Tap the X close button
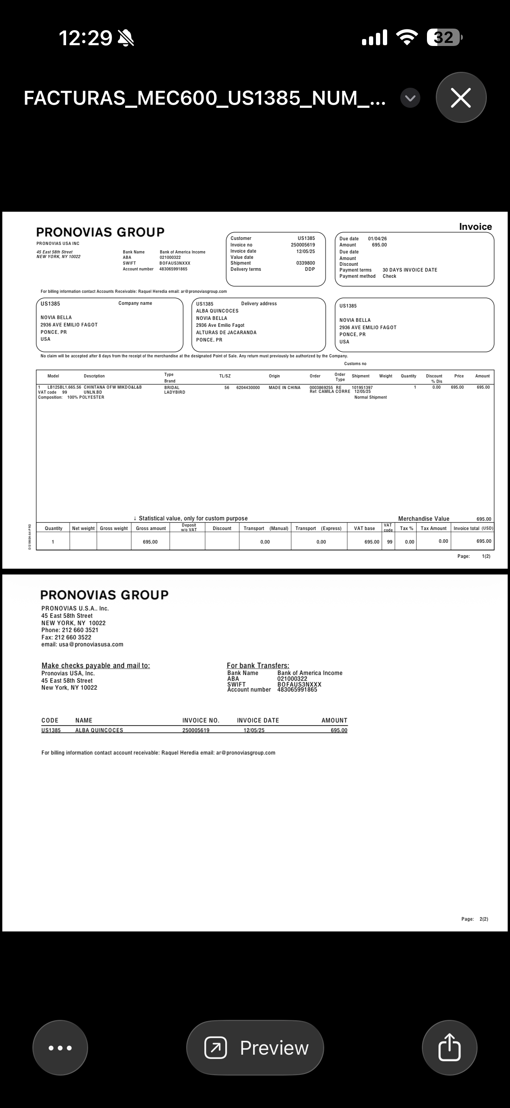[461, 98]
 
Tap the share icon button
[449, 1047]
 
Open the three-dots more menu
[60, 1047]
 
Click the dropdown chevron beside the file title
[410, 98]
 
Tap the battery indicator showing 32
[444, 37]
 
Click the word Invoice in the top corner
[475, 227]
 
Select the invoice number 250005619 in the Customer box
[303, 245]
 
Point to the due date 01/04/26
[377, 239]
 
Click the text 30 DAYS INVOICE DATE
[410, 270]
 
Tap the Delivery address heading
[259, 304]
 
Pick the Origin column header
[274, 376]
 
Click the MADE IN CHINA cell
[285, 387]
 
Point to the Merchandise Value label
[423, 519]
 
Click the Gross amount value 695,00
[150, 542]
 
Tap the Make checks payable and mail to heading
[95, 665]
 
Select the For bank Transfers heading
[258, 665]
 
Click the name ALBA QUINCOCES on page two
[99, 730]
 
